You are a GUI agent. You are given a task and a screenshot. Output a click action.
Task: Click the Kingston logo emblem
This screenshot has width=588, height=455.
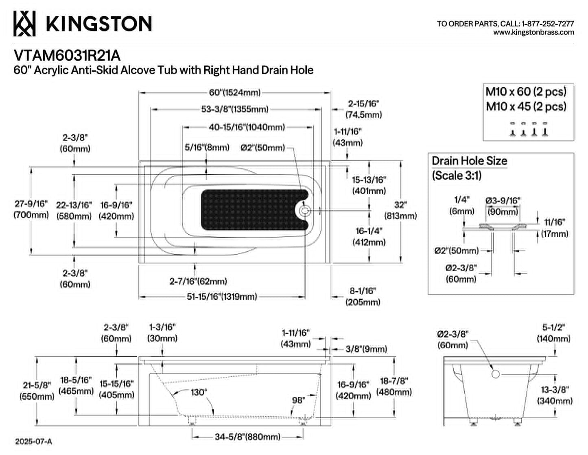[x=24, y=23]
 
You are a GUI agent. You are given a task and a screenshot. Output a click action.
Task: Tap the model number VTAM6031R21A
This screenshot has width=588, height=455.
[x=67, y=56]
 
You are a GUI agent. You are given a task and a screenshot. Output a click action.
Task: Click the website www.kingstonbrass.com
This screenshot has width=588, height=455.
[x=533, y=33]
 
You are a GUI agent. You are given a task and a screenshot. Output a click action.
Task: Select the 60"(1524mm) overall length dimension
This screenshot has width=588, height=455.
[x=235, y=93]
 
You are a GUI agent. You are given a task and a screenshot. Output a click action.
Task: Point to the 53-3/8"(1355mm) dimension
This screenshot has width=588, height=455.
[x=235, y=110]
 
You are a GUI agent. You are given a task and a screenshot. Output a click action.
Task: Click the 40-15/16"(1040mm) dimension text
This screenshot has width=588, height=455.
[x=247, y=127]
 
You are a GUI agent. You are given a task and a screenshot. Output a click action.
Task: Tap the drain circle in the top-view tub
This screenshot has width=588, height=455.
[x=305, y=211]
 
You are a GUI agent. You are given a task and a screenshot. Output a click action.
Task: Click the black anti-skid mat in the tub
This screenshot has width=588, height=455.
[x=254, y=210]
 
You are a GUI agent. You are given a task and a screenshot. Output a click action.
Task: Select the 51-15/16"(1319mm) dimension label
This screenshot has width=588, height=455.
[x=222, y=297]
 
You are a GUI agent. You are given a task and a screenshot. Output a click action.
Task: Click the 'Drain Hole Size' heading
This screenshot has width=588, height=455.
[x=469, y=161]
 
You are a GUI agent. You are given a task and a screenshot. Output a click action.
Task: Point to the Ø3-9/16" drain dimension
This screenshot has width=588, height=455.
[x=503, y=206]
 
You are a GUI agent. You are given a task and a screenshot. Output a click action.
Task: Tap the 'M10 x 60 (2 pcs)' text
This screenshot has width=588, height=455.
[x=526, y=92]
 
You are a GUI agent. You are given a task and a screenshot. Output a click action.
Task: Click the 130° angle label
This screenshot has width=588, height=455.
[x=199, y=392]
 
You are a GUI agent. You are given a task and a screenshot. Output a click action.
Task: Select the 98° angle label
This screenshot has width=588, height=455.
[x=298, y=400]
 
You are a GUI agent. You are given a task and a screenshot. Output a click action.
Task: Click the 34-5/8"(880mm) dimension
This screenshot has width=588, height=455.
[x=247, y=437]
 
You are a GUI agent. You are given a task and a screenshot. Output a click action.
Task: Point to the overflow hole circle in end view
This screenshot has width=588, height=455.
[x=495, y=374]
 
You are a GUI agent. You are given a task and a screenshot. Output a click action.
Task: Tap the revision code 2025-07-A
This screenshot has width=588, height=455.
[x=33, y=442]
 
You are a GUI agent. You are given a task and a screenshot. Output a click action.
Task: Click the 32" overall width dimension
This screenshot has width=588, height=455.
[x=400, y=211]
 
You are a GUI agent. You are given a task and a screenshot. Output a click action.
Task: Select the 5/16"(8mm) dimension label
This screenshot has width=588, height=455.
[x=207, y=147]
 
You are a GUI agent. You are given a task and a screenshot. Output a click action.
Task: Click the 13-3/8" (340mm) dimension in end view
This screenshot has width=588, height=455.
[x=555, y=395]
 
